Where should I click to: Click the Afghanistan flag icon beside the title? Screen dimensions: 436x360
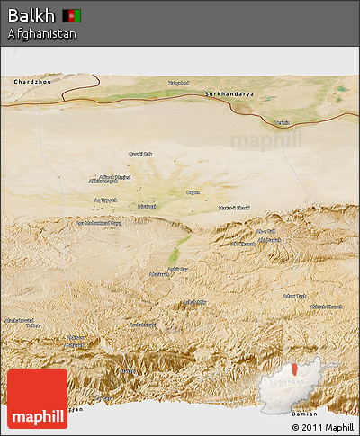72,15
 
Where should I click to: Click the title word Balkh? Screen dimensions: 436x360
31,15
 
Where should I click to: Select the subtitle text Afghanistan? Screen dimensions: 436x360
41,34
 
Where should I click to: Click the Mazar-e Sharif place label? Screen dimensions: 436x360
233,208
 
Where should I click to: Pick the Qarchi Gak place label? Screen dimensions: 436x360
140,154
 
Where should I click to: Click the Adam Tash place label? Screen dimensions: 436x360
294,296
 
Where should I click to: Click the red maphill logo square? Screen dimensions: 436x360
37,398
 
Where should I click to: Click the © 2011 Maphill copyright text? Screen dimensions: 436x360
322,427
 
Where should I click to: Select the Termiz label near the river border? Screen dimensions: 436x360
283,122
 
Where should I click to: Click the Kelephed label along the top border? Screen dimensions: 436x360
180,84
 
